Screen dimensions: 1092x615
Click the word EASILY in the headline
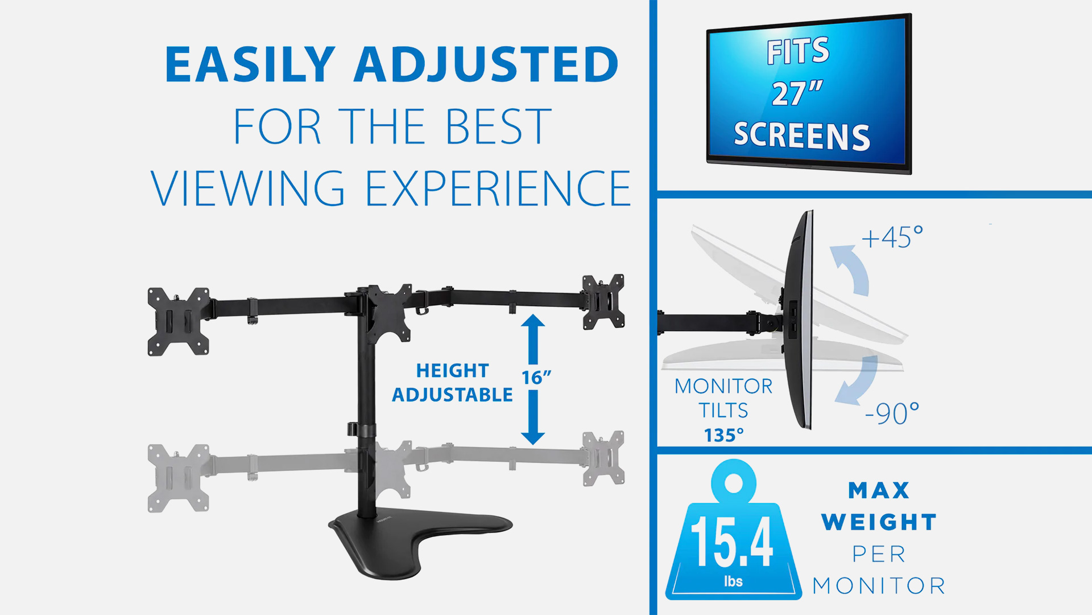pos(250,64)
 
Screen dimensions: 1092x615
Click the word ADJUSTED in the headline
pos(487,64)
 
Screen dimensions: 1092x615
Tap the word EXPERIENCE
pos(498,188)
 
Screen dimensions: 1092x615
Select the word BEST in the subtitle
pos(498,126)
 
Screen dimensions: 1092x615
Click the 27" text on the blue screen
pos(797,93)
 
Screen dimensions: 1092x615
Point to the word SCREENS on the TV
pos(802,136)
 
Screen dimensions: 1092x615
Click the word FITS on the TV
pos(799,51)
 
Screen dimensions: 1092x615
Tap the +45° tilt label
pos(892,237)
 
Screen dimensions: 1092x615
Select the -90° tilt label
pos(892,413)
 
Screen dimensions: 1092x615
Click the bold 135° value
pos(723,435)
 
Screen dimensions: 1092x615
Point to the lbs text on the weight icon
pos(733,581)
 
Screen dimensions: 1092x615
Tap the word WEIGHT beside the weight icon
pos(879,522)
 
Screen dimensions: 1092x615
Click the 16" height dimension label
pos(536,378)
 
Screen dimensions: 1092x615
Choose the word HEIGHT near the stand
pos(452,371)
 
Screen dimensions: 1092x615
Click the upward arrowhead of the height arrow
pos(533,322)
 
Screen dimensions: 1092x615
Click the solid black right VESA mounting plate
pos(603,301)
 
